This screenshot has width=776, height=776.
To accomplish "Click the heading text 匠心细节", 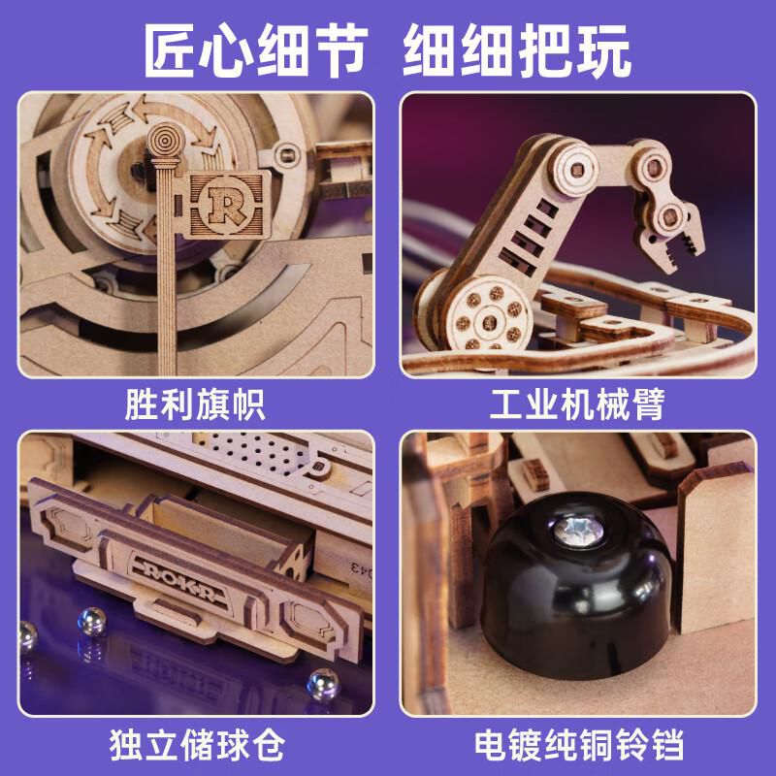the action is [x=256, y=51].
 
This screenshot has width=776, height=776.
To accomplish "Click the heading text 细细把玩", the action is [x=517, y=51].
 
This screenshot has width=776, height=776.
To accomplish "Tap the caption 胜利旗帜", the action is [x=195, y=404].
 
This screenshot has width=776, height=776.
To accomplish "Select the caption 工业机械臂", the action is [x=577, y=404].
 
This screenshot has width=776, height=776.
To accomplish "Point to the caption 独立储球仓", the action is [x=197, y=744].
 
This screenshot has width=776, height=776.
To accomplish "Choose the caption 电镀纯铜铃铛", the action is [x=579, y=744].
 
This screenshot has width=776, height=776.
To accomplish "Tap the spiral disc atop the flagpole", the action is [x=166, y=141].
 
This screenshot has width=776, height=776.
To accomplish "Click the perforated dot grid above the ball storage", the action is [x=256, y=452].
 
